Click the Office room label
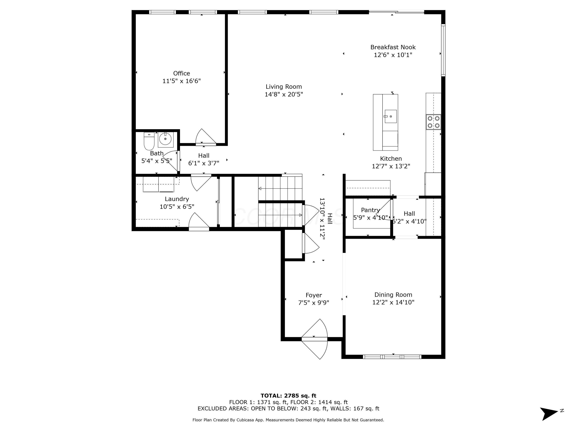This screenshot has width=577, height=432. pos(181,73)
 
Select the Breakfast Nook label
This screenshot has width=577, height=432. pos(393,47)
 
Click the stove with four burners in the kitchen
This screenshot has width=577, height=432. pos(433,122)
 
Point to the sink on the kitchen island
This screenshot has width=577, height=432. pos(390,116)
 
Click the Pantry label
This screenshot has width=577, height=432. pos(370,210)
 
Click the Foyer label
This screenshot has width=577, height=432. pos(314,295)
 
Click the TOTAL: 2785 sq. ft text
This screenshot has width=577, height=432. pos(288,396)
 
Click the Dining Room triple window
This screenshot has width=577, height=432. pos(392,357)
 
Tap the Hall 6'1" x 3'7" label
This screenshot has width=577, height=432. pos(203,159)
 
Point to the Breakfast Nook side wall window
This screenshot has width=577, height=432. pos(443,50)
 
